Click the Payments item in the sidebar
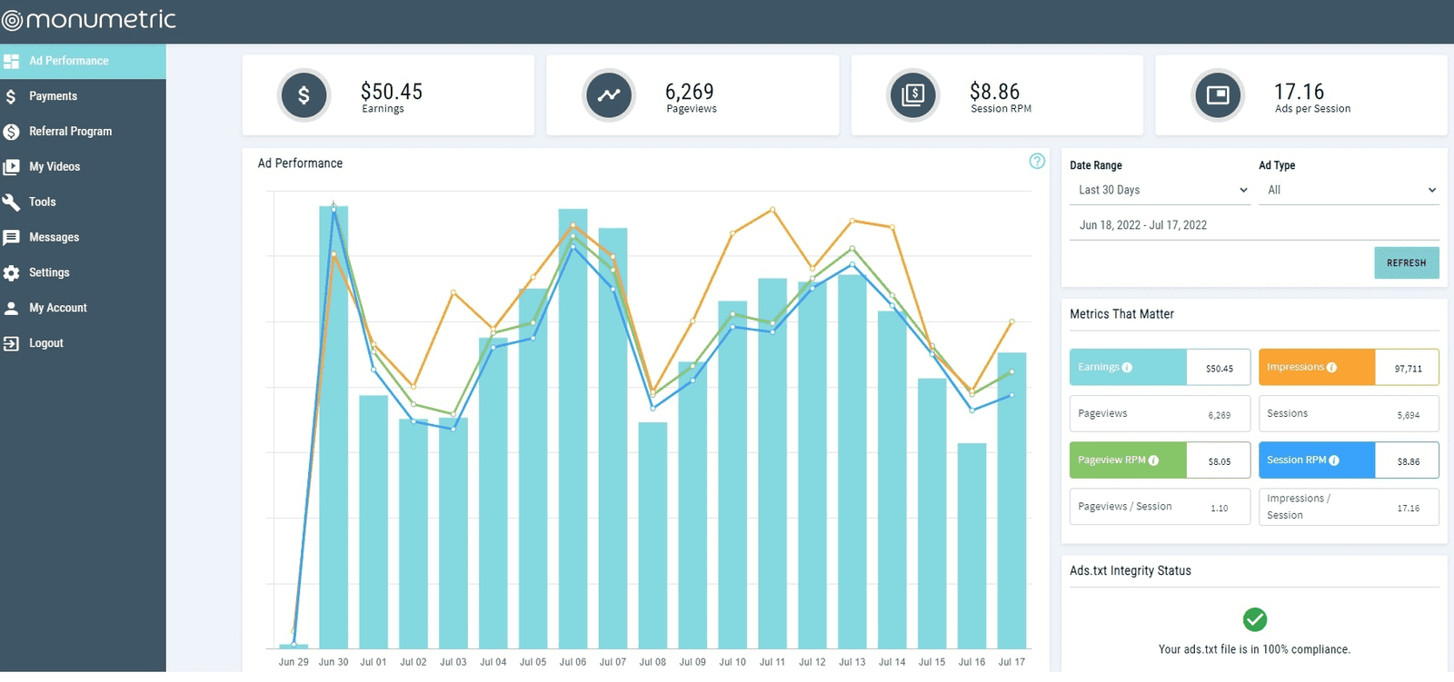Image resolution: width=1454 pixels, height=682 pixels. point(53,96)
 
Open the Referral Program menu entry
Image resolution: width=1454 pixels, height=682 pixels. point(70,132)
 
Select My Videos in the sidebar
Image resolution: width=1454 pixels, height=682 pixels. point(54,167)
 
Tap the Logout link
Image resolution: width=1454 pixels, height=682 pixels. point(45,343)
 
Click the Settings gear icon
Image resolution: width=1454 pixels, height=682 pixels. point(11,272)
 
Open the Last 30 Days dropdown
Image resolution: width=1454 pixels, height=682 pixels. point(1162,190)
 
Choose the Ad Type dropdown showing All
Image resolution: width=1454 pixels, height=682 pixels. point(1349,190)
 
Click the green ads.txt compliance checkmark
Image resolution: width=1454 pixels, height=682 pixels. point(1254,619)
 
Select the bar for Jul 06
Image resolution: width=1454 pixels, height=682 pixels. point(573,427)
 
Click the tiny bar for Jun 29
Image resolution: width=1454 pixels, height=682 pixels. point(294,646)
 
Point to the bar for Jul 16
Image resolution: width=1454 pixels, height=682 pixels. point(971,545)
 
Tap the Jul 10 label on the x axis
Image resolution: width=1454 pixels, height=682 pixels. point(732,662)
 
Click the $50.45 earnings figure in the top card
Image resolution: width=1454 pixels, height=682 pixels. point(392,92)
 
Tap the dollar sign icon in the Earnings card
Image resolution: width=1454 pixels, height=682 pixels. point(304,94)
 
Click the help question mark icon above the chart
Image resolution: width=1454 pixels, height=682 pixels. point(1037,162)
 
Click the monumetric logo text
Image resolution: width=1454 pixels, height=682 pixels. point(100,20)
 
